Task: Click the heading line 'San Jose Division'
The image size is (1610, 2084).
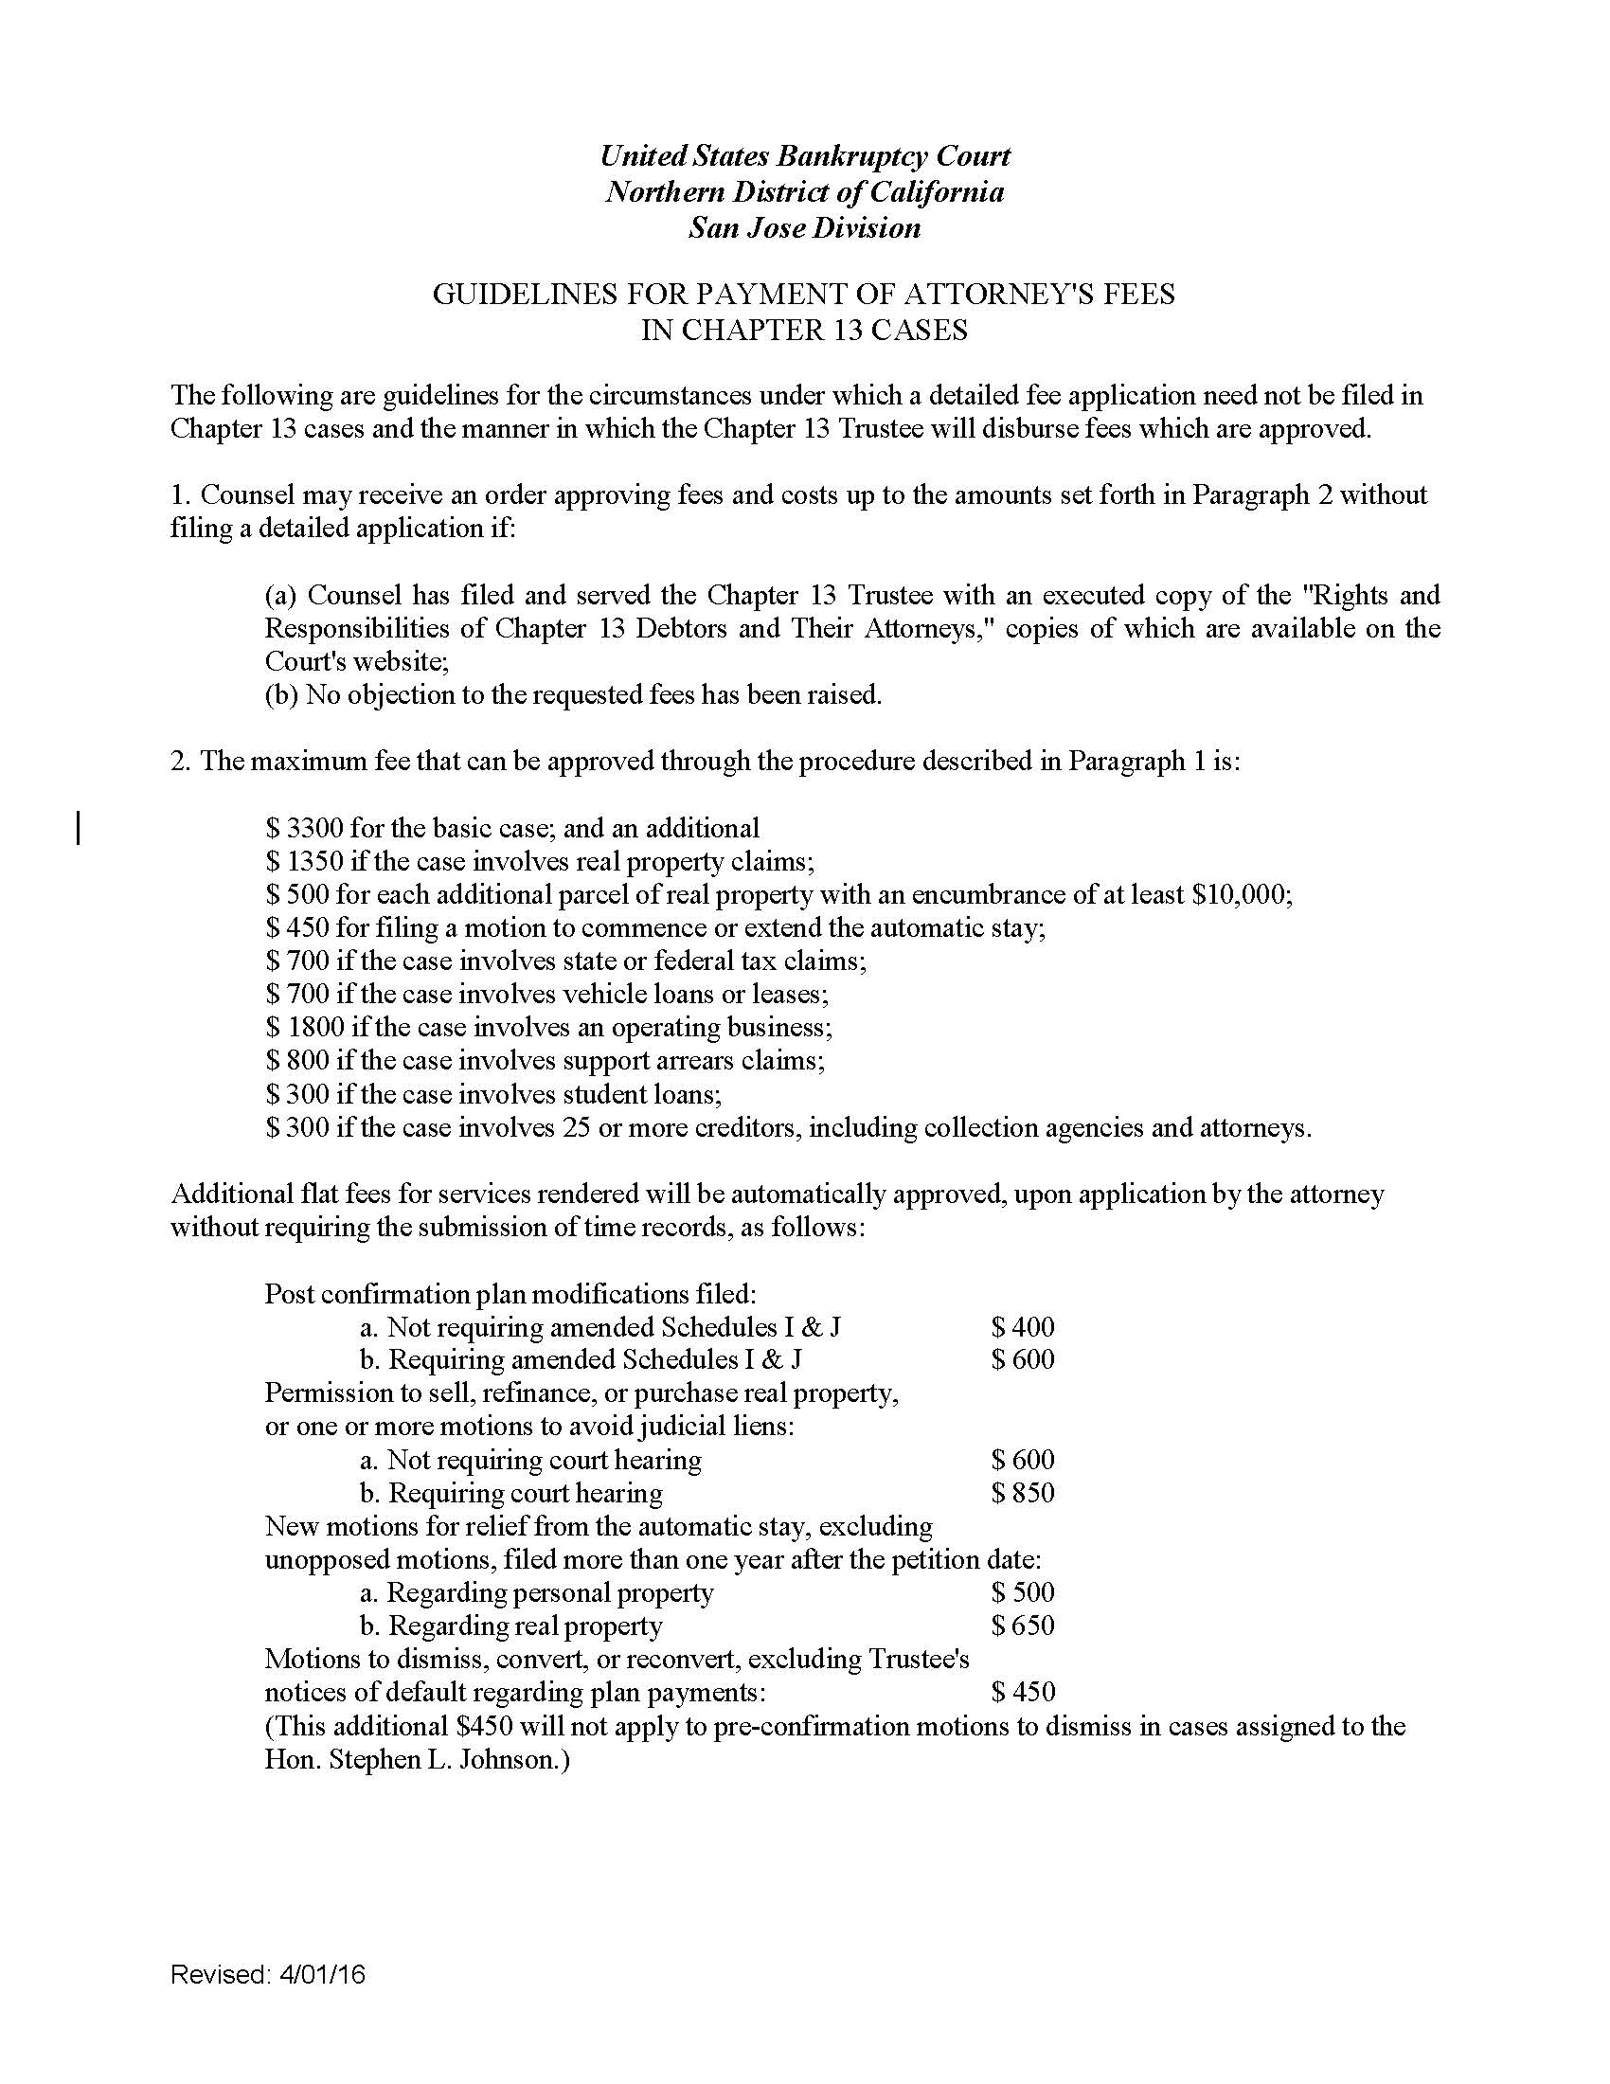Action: [804, 228]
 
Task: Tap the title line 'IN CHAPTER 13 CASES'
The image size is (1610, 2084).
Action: [804, 331]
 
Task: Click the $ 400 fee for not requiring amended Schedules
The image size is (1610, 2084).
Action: [1023, 1326]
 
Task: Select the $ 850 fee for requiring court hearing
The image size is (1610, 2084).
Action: [1023, 1492]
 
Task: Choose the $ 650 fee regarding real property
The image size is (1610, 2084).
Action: [1023, 1625]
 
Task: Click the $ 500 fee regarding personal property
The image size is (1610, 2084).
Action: [1023, 1591]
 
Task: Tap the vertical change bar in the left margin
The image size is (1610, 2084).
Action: [79, 827]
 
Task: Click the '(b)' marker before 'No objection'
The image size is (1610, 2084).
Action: [281, 694]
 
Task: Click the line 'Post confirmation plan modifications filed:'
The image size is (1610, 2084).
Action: [510, 1294]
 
